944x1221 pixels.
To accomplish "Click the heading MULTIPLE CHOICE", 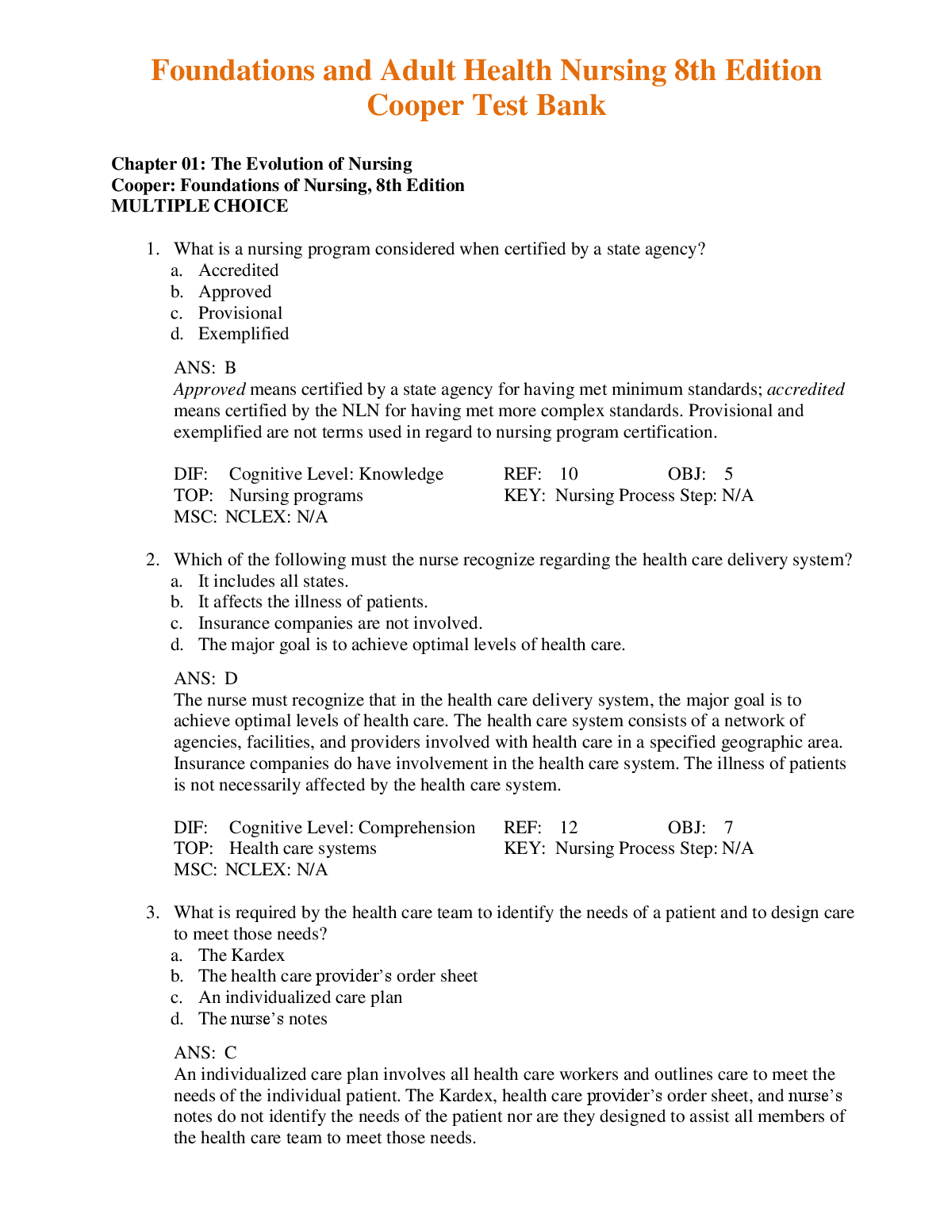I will (x=200, y=206).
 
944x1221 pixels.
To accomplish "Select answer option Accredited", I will (x=238, y=270).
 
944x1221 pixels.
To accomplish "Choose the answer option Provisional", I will (x=240, y=313).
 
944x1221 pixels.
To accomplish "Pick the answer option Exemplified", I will (x=243, y=334).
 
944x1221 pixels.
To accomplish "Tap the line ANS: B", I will (x=205, y=368).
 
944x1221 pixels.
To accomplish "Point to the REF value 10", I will (x=568, y=474).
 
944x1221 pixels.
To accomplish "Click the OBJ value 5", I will (x=728, y=474).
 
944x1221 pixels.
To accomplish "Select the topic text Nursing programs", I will (x=296, y=496).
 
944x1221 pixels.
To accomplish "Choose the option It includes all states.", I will (x=273, y=581).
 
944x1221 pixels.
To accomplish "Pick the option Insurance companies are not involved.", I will (x=340, y=623).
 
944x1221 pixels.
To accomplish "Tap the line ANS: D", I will (x=205, y=679).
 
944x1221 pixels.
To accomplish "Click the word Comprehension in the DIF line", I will (x=416, y=828).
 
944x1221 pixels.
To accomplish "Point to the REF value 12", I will (x=568, y=828).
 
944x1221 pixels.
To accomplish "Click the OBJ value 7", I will (x=728, y=828).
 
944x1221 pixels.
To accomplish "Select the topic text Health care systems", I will (x=302, y=848).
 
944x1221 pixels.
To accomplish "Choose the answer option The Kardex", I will (x=241, y=955).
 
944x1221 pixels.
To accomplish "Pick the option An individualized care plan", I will (x=300, y=997).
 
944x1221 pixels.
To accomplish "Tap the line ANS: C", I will (x=205, y=1053).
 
